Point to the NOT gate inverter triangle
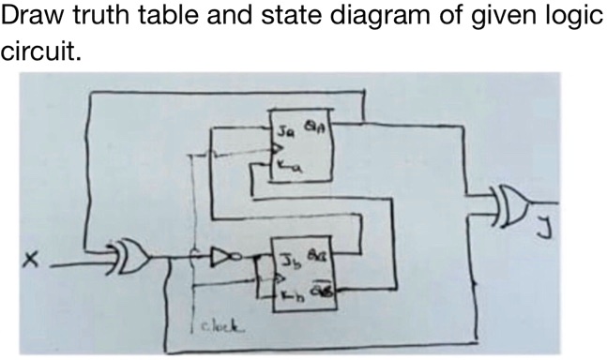(x=226, y=253)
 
